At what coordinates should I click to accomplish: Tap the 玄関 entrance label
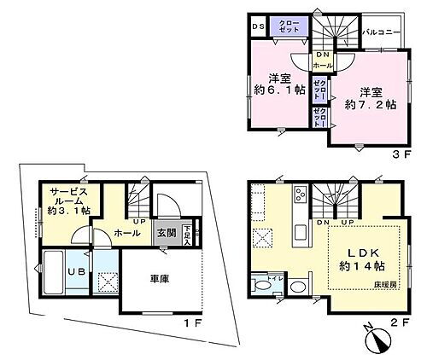pyautogui.click(x=166, y=230)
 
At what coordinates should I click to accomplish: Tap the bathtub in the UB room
pyautogui.click(x=56, y=275)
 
